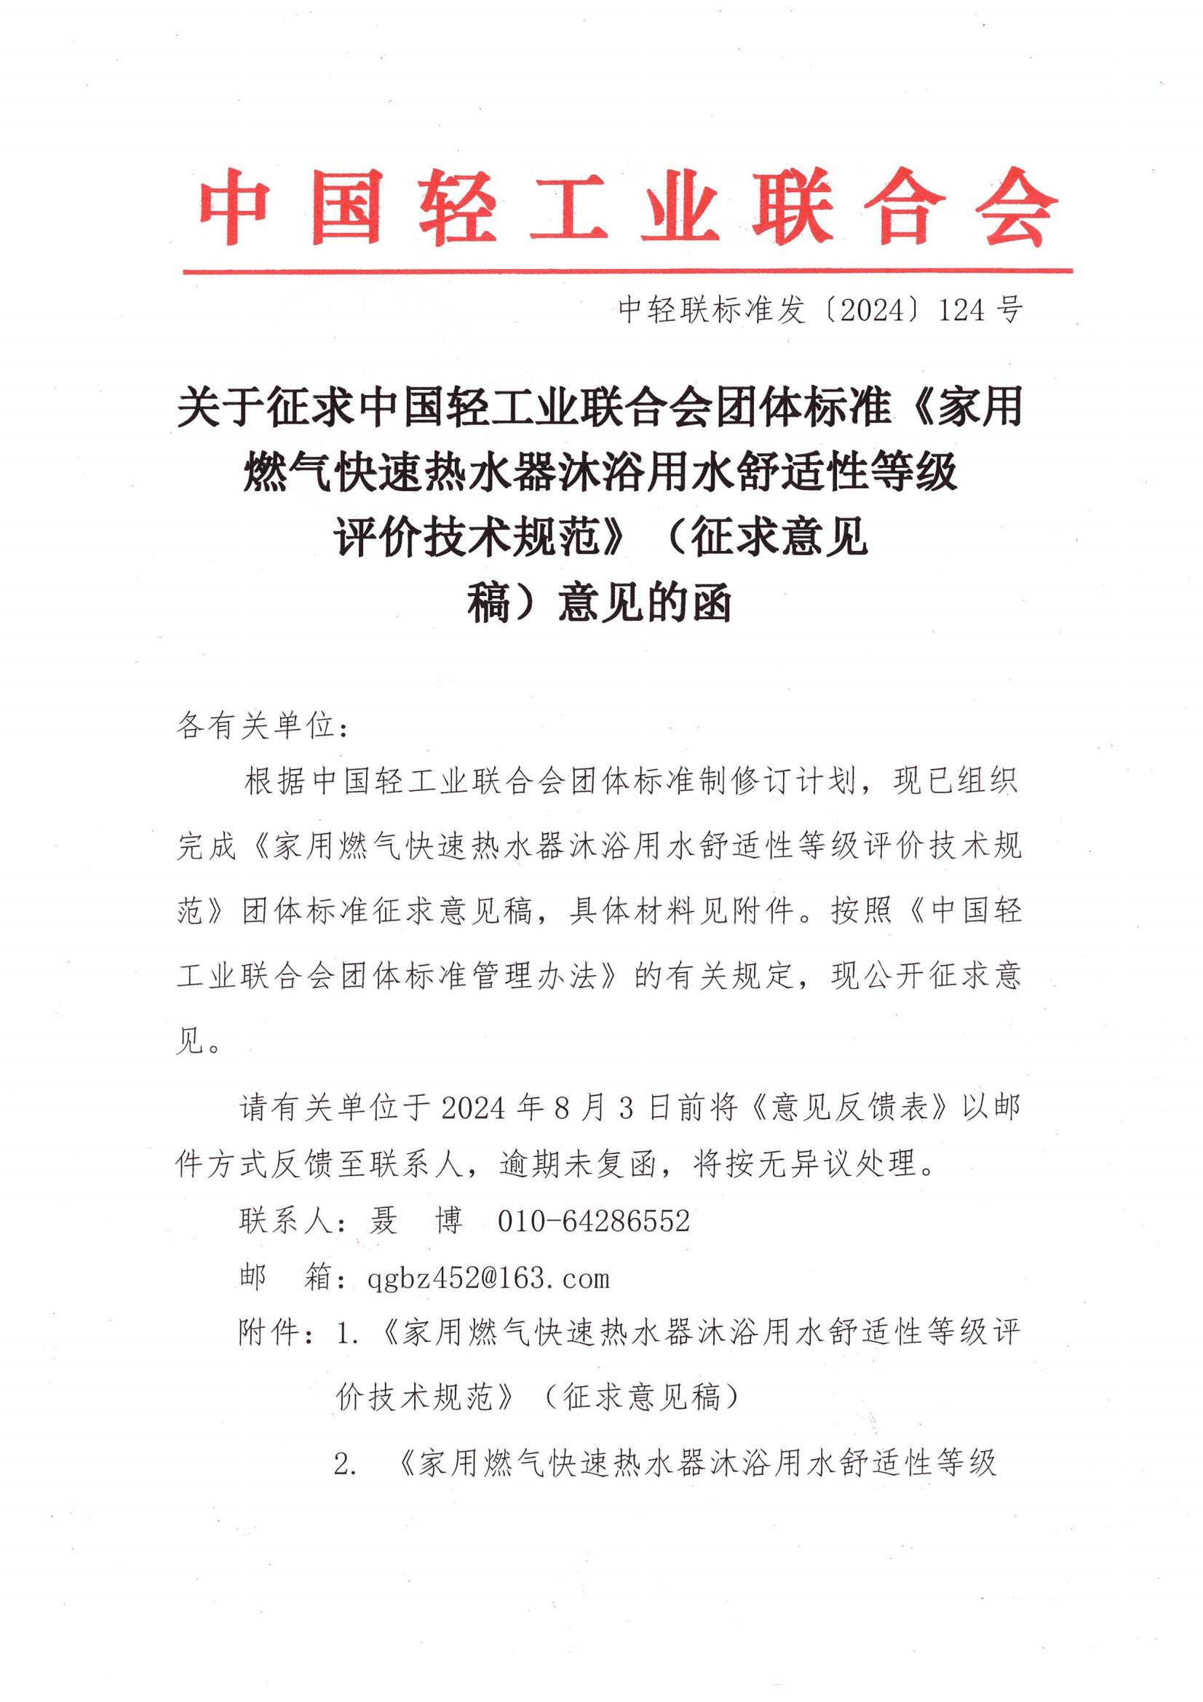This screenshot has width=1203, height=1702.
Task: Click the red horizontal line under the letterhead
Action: pos(627,271)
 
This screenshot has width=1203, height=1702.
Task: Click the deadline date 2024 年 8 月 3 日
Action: pos(548,1108)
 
